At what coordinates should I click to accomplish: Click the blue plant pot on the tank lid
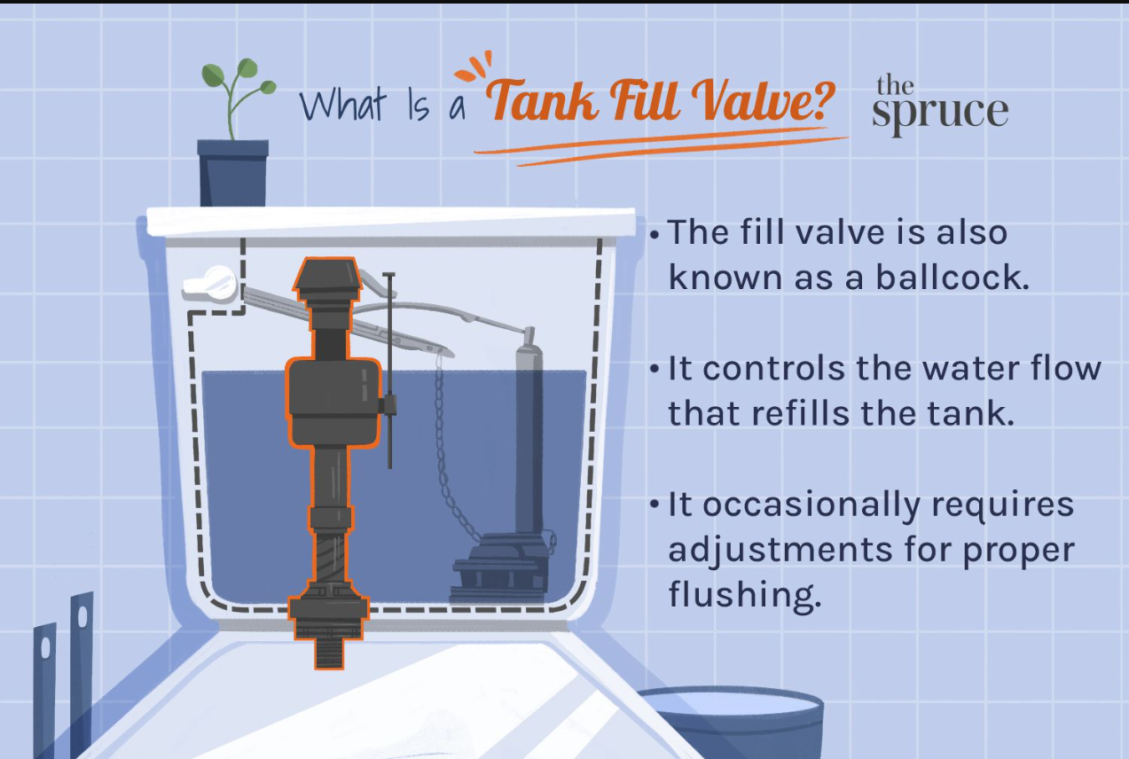tap(232, 172)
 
